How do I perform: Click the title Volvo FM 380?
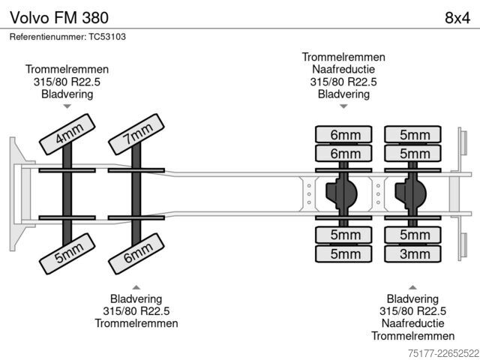point(59,17)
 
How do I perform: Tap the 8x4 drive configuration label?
point(457,18)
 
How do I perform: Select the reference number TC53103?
point(107,37)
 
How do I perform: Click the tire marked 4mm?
point(67,134)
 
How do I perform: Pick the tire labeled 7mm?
point(136,134)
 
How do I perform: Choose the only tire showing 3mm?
point(412,253)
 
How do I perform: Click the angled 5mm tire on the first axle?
point(67,253)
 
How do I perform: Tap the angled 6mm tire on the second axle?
point(136,253)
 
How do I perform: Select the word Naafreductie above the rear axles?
point(343,70)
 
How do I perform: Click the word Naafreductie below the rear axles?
point(412,323)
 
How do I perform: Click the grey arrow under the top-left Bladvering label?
point(67,106)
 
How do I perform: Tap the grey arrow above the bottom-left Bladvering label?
point(136,287)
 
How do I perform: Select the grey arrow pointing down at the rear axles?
point(343,106)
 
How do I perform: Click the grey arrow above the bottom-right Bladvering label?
point(412,287)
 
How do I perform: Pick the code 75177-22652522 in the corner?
point(443,353)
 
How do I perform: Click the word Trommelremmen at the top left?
point(67,69)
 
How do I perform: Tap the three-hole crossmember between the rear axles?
point(378,194)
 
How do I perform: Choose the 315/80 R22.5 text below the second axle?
point(136,311)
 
